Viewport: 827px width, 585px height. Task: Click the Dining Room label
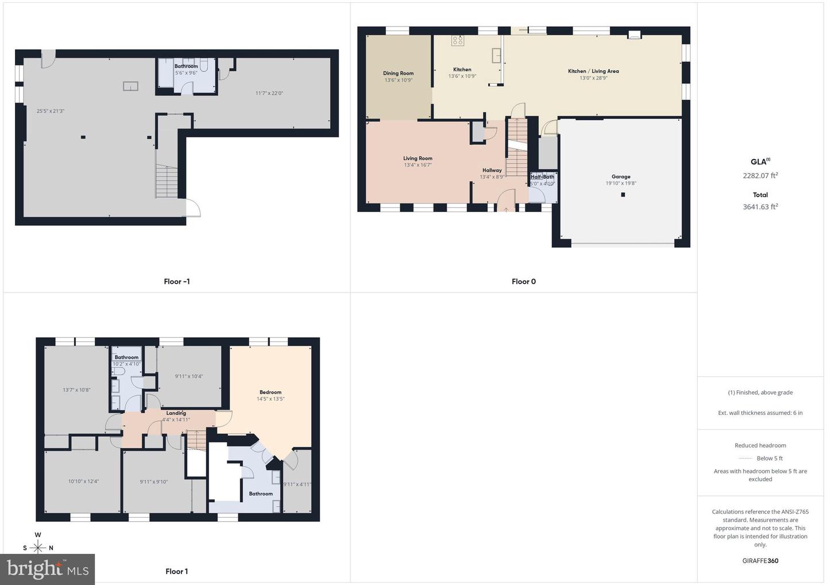point(398,74)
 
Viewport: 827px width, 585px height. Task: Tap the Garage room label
point(621,177)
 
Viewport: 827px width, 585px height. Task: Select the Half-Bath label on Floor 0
point(542,177)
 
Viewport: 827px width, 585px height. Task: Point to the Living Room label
point(418,159)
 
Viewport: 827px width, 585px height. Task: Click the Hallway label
point(492,170)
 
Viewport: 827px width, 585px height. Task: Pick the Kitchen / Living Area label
point(593,71)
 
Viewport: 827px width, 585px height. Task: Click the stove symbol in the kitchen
point(458,40)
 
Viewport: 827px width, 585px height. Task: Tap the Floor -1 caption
point(176,282)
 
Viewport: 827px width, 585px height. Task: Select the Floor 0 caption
point(524,282)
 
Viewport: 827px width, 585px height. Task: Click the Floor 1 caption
point(176,571)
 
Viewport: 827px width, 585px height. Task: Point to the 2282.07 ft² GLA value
point(760,176)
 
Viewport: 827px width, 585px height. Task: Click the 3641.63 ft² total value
point(760,207)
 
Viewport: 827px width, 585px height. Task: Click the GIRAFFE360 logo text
point(760,561)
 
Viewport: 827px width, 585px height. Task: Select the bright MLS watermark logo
point(48,569)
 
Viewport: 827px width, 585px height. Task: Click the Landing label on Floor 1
point(176,413)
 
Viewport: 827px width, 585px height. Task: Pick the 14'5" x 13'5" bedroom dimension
point(270,399)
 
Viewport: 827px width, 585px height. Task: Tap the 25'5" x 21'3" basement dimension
point(51,111)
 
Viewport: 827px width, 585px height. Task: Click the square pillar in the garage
point(623,195)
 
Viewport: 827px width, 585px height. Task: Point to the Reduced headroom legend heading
point(760,445)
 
